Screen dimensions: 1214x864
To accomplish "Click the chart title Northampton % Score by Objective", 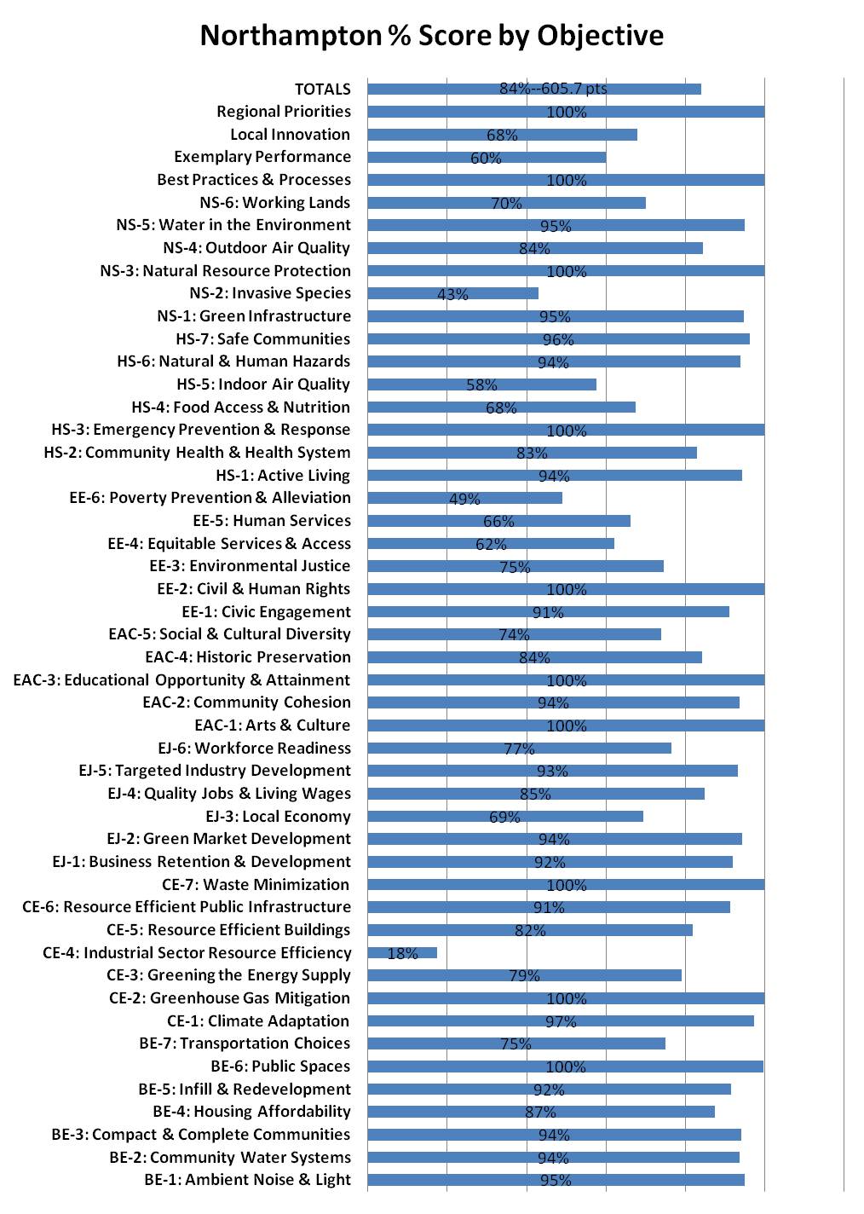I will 431,36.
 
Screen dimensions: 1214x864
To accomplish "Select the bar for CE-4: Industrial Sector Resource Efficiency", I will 402,952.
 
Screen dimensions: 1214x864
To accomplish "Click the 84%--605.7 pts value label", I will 553,89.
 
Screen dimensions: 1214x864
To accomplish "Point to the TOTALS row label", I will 322,89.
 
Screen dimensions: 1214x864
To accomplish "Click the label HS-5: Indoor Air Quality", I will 263,384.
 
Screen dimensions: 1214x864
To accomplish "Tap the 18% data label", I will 402,954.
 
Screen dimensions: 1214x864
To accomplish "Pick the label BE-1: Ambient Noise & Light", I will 247,1180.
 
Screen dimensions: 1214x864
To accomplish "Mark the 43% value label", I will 452,295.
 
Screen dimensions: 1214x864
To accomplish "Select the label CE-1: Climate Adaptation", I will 258,1020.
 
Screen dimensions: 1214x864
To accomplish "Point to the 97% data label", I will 561,1022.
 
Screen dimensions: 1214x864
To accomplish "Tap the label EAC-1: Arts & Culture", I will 272,726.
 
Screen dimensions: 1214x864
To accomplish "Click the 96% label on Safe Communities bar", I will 558,340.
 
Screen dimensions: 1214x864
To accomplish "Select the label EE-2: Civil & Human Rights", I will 253,589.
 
